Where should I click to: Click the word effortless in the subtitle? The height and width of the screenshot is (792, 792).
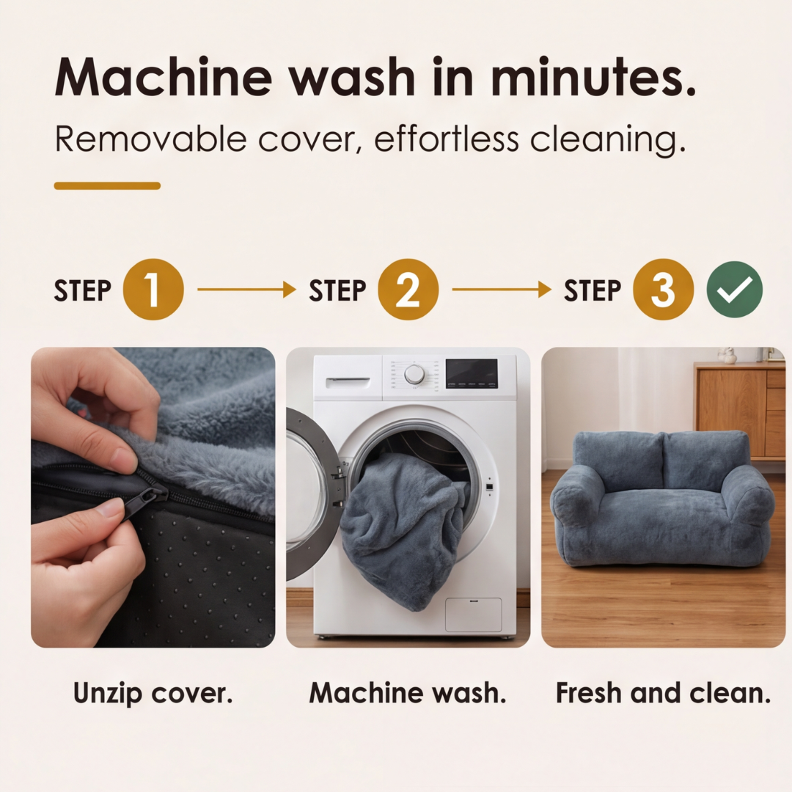[x=447, y=139]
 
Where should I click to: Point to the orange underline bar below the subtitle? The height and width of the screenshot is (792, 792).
[x=107, y=186]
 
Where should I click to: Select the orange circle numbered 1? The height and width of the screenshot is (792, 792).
[x=153, y=290]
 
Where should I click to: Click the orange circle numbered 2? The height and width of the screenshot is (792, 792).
[x=408, y=290]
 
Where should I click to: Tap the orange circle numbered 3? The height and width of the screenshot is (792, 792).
[x=663, y=290]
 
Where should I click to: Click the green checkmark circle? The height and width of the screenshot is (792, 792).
[x=734, y=290]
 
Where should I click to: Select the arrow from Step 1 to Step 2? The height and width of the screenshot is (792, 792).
[x=246, y=290]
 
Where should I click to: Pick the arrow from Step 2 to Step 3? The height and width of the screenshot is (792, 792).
[x=502, y=290]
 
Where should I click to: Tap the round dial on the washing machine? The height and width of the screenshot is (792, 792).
[x=414, y=374]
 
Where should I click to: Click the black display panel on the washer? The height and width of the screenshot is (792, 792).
[x=472, y=373]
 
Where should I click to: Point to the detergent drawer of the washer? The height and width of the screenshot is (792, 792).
[x=348, y=382]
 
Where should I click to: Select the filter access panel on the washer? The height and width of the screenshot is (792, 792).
[x=473, y=615]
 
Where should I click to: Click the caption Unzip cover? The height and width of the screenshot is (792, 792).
[x=153, y=692]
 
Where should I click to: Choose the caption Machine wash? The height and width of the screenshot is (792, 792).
[x=408, y=692]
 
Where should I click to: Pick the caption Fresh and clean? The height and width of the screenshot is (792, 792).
[x=663, y=692]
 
